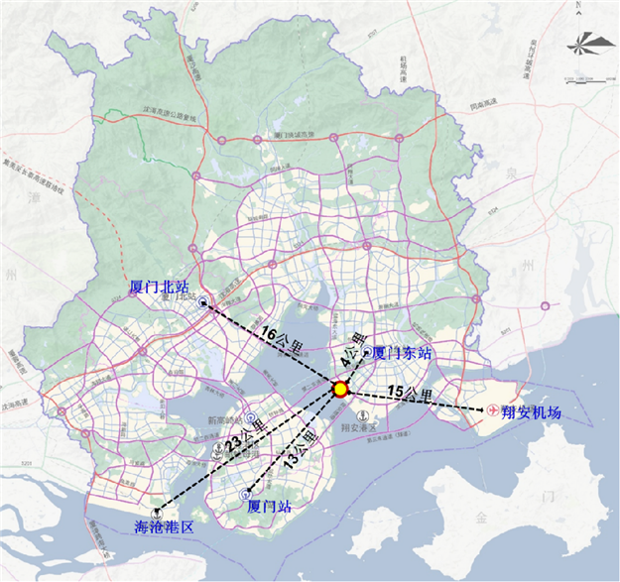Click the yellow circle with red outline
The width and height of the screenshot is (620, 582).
339,389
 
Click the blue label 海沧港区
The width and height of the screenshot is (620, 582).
164,526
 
